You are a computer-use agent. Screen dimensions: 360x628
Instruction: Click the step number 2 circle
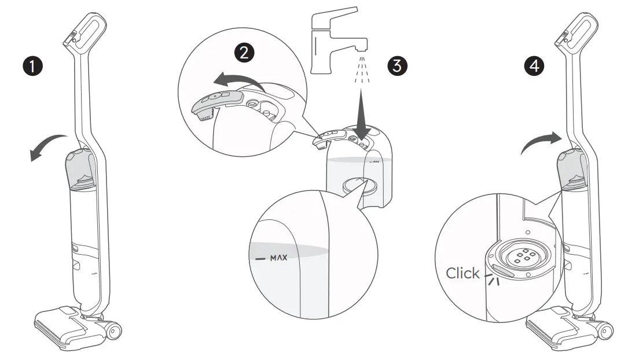pyautogui.click(x=244, y=53)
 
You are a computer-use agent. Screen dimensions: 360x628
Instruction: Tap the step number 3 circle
pyautogui.click(x=396, y=65)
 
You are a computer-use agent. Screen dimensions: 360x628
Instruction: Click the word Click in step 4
pyautogui.click(x=462, y=273)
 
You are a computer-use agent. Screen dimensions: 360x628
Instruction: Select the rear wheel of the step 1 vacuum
pyautogui.click(x=113, y=332)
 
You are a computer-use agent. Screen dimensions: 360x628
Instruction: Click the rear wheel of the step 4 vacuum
pyautogui.click(x=606, y=332)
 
